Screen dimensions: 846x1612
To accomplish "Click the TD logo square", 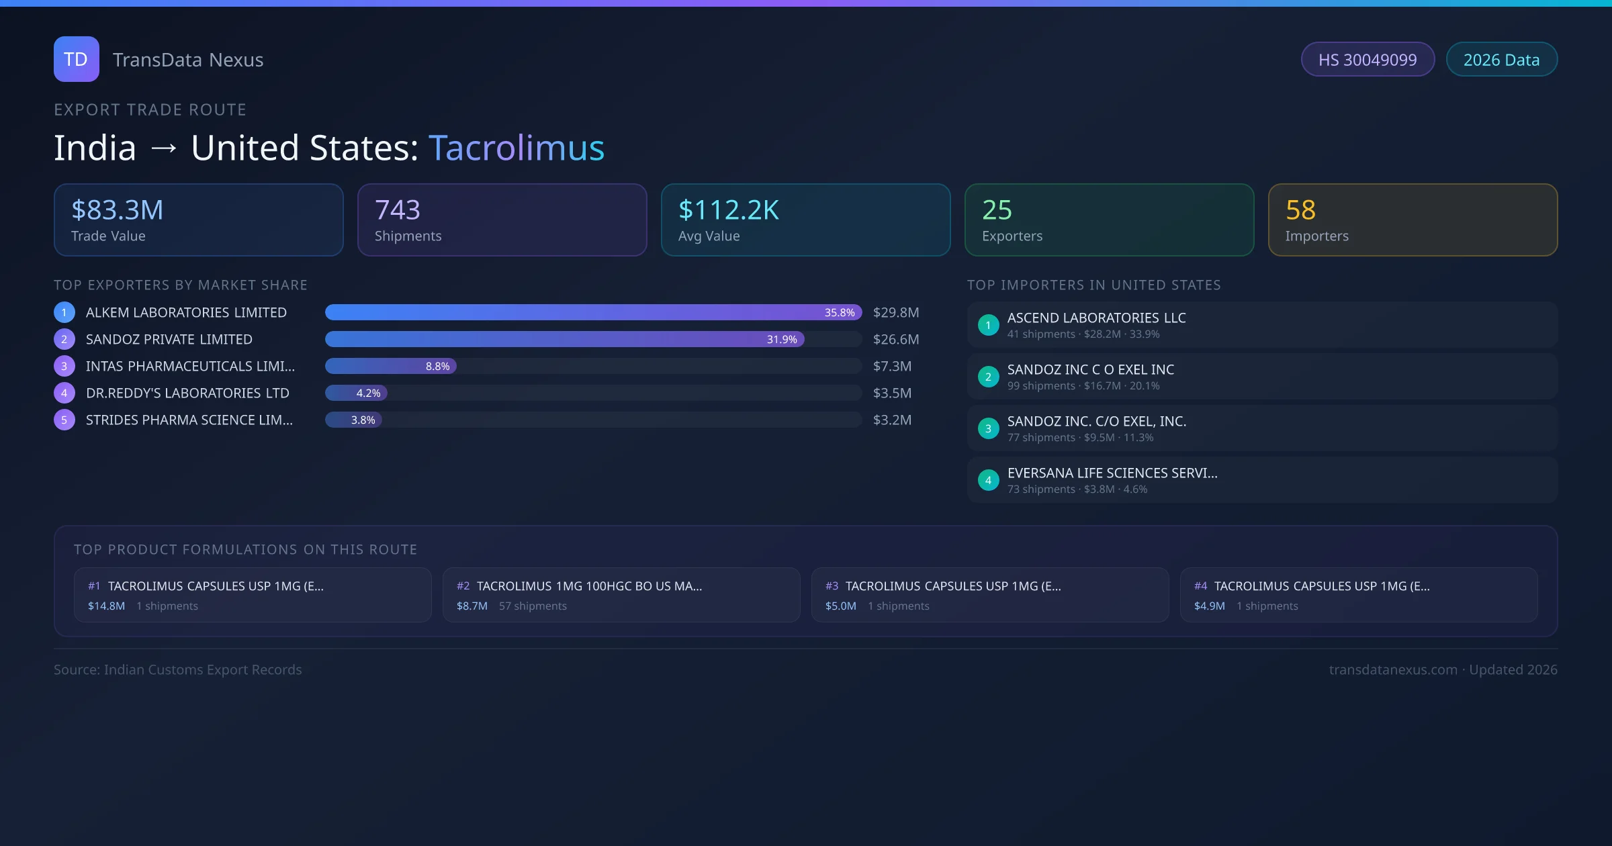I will [76, 59].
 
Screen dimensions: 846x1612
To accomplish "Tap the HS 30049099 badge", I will [1368, 60].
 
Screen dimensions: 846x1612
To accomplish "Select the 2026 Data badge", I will [1501, 60].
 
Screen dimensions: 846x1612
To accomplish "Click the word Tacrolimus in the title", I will [516, 148].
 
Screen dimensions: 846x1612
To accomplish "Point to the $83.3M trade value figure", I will [118, 210].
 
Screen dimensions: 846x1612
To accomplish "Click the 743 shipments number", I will [398, 210].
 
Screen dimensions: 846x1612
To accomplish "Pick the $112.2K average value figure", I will [729, 210].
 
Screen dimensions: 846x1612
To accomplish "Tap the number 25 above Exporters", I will [997, 210].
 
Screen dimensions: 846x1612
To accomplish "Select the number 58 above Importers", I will [1300, 210].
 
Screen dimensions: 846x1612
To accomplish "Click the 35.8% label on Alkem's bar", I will [840, 313].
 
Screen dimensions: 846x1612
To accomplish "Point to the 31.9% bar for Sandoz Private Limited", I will [564, 340].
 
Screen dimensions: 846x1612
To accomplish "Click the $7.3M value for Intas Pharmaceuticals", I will [892, 367].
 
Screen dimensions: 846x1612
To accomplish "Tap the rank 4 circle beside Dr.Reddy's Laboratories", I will [64, 393].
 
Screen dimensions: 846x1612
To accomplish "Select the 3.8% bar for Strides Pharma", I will [354, 420].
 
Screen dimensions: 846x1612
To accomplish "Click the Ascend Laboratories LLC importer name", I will [1096, 318].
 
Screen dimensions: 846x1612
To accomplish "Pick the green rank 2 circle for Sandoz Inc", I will [988, 377].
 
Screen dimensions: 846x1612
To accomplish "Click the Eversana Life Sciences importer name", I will [1112, 473].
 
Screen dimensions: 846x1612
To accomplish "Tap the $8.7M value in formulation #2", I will [472, 606].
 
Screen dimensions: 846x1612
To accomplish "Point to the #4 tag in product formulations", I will [1200, 586].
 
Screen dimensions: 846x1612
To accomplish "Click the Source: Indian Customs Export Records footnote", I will [178, 670].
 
